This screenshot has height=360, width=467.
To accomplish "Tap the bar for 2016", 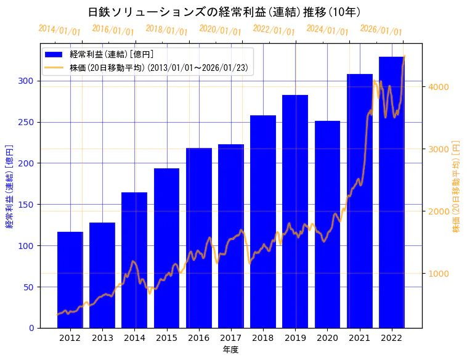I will pos(198,237).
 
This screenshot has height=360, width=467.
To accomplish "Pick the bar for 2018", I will pos(263,221).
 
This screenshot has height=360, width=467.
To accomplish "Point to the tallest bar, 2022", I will pos(391,192).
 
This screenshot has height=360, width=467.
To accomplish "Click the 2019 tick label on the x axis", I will pos(295,338).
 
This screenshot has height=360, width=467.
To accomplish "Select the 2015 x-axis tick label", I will pos(166,338).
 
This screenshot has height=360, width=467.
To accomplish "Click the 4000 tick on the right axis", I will pos(439,87).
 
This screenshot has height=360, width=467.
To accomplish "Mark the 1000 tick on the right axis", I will pos(439,274).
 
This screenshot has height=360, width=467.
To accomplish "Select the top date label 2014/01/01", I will pos(59,30).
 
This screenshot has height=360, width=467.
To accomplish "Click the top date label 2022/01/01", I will pos(274,30).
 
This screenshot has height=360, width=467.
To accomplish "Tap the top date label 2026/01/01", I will pos(381,30).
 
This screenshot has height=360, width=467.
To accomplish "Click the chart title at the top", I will pos(224,12).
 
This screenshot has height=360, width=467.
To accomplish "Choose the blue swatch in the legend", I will pos(54,54).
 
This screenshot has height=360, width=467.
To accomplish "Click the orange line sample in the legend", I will pos(54,67).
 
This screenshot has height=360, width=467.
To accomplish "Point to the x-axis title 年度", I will pos(230,350).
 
